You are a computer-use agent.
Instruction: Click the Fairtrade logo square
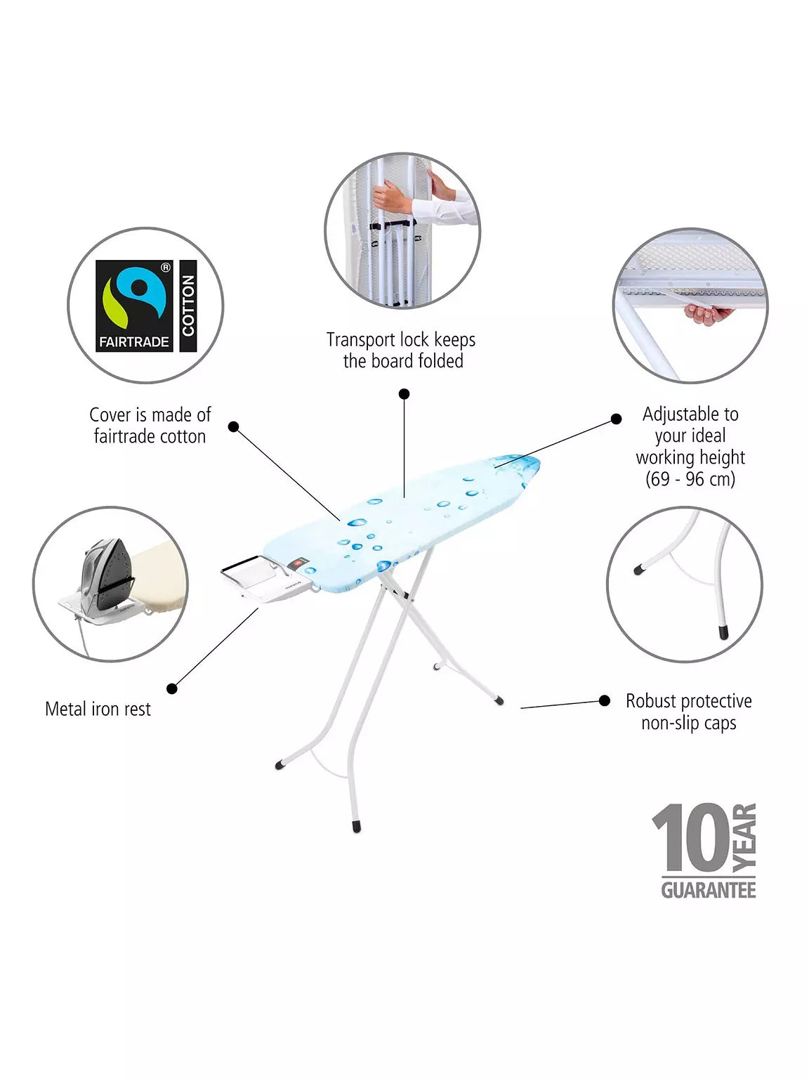tap(134, 306)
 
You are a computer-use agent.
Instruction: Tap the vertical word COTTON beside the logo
tap(188, 306)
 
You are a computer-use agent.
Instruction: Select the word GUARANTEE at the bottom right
tap(709, 890)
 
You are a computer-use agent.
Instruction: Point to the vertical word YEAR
tap(744, 837)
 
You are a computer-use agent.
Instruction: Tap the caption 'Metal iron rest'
tap(98, 709)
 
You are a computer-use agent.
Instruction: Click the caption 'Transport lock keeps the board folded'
tap(401, 350)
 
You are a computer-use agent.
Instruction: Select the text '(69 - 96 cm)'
tap(690, 479)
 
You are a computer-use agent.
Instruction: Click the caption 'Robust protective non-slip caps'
tap(689, 712)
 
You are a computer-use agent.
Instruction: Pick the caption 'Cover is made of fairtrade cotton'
tap(150, 425)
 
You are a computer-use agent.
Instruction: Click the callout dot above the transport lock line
tap(404, 394)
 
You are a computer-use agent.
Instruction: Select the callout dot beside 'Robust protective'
tap(605, 700)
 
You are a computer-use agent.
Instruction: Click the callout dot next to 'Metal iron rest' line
tap(171, 688)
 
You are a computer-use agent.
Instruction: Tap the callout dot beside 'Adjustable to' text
tap(616, 419)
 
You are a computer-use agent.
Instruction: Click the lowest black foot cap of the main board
tap(357, 826)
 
